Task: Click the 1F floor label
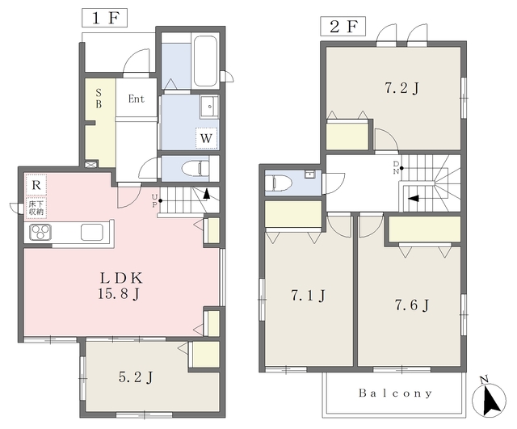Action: point(104,18)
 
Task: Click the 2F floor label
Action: point(343,27)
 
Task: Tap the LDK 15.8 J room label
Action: point(120,285)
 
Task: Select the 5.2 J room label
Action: point(136,377)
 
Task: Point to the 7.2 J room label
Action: point(402,88)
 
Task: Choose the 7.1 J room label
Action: point(308,295)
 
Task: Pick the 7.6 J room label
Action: point(412,305)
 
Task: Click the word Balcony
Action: point(395,393)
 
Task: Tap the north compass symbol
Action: point(489,398)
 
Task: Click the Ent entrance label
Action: point(137,99)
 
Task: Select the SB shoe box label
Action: point(99,99)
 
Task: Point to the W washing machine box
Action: point(207,138)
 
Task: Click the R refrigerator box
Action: point(36,185)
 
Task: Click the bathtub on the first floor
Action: point(205,61)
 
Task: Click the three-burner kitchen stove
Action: point(40,232)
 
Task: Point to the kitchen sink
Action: point(92,232)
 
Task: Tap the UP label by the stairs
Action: point(154,200)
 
